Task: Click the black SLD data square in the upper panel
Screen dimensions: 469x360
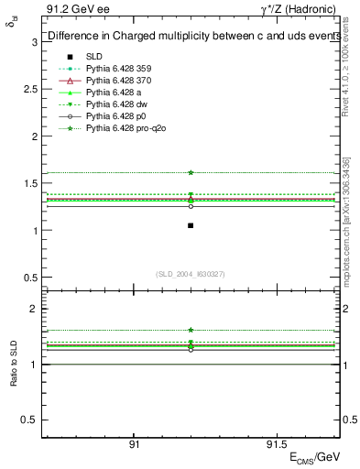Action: [x=191, y=225]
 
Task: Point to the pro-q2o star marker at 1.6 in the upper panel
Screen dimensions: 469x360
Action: [x=191, y=172]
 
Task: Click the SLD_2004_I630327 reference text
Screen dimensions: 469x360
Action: [x=191, y=274]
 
